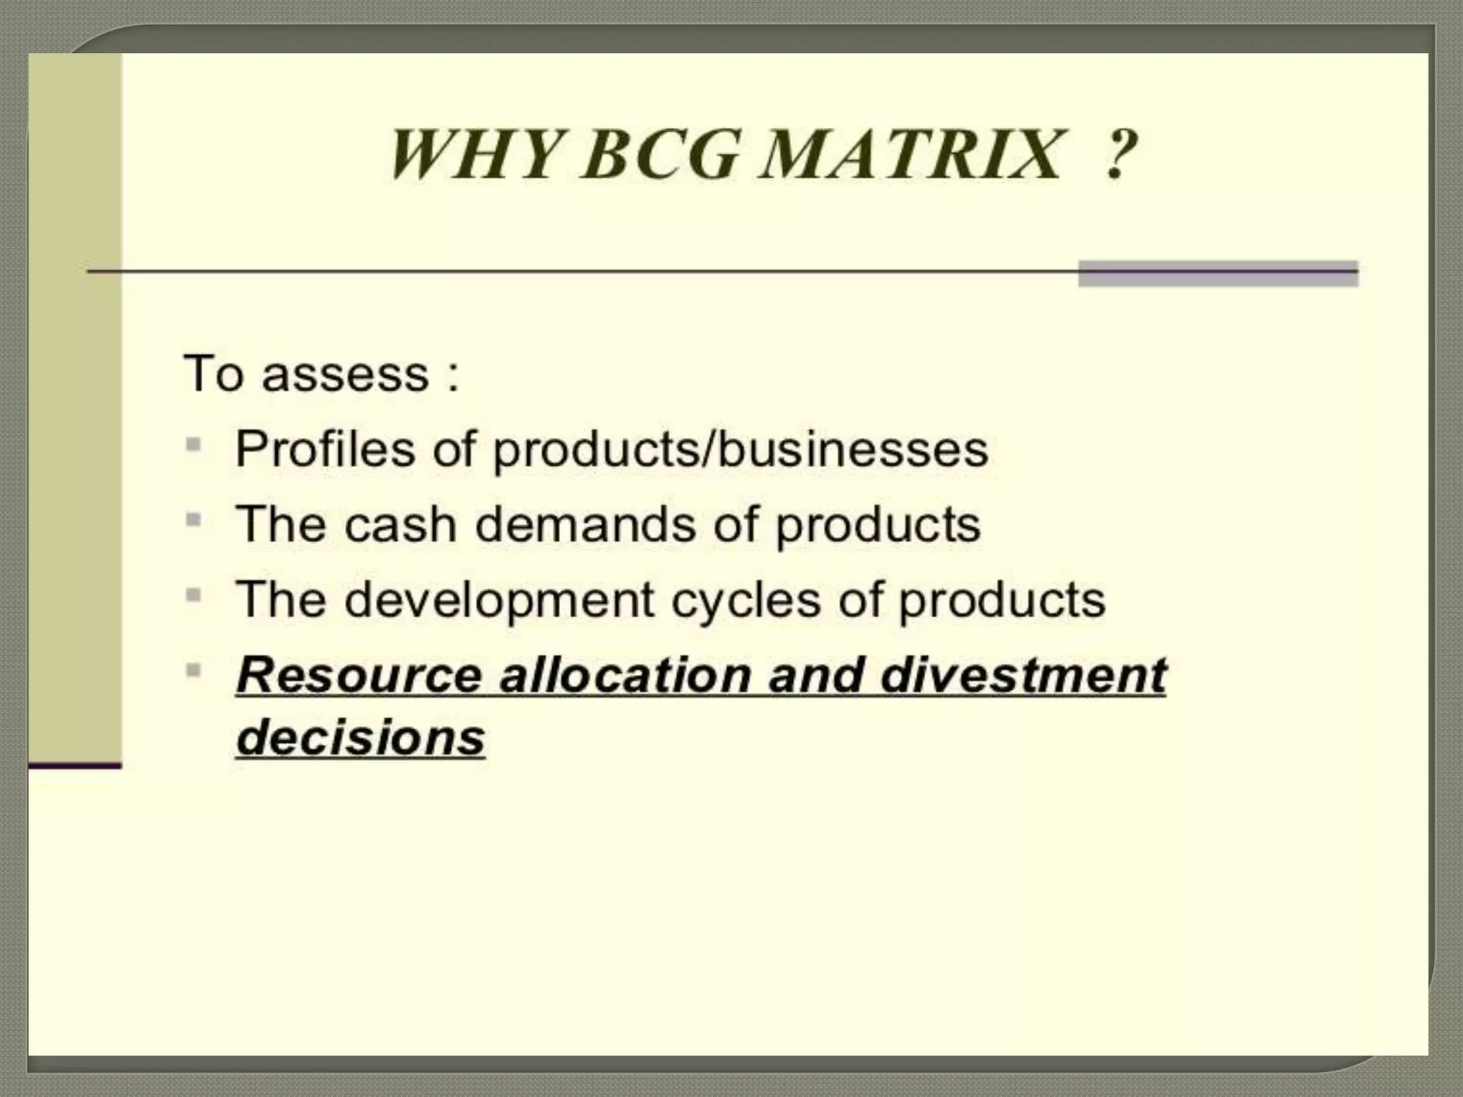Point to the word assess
click(x=345, y=374)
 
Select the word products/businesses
click(x=741, y=450)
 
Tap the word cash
click(x=400, y=524)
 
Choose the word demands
click(x=585, y=524)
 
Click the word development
click(x=499, y=600)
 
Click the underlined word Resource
click(x=359, y=675)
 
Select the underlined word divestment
click(x=1023, y=675)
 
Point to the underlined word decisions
click(x=361, y=737)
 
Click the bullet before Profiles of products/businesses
click(x=193, y=445)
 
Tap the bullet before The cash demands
click(x=193, y=520)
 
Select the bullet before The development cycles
click(x=193, y=595)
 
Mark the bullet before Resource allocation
click(x=193, y=670)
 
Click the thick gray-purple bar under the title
click(x=1217, y=274)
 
